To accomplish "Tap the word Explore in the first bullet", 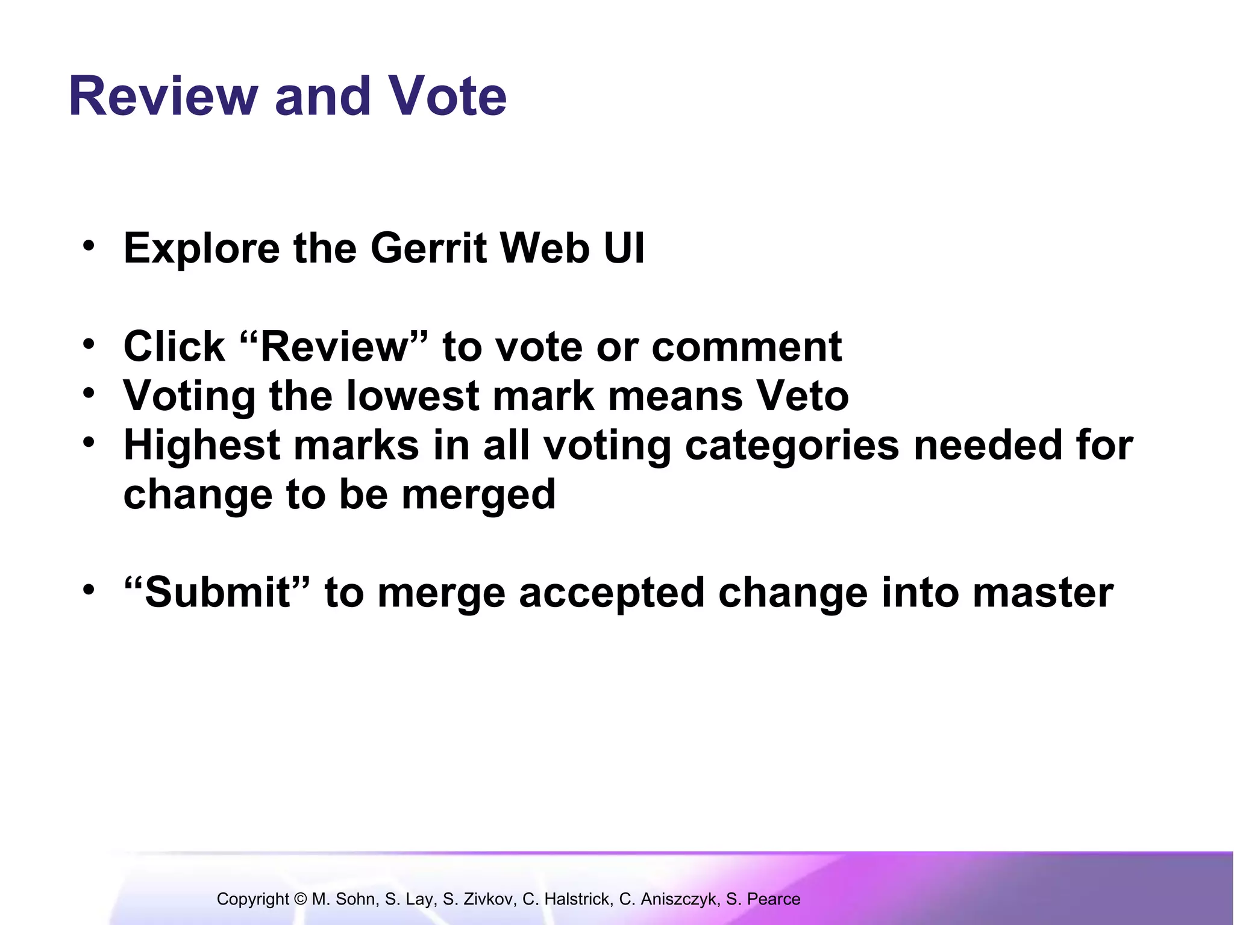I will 201,248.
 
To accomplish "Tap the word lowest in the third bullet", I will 412,396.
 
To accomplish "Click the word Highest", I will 202,446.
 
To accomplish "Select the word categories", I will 792,446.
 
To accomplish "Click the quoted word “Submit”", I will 217,593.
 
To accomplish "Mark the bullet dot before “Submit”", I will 89,590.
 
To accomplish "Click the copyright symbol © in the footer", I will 301,899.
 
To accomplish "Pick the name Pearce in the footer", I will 774,899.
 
